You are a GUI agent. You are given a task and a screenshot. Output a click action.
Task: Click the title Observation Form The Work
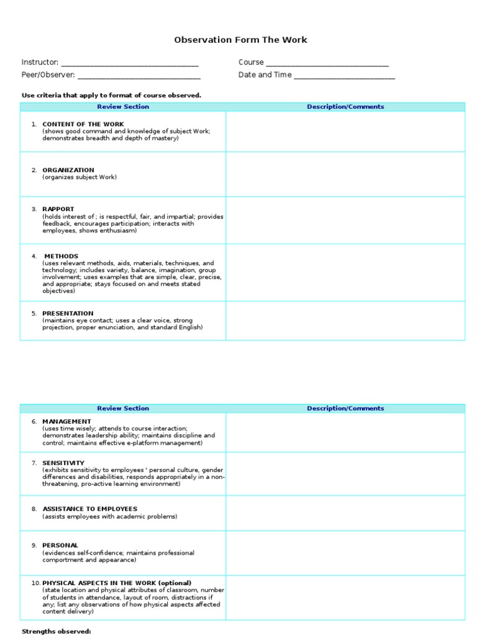click(240, 40)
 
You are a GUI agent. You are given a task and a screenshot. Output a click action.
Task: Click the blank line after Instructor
click(130, 63)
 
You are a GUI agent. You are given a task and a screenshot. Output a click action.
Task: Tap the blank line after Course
click(327, 63)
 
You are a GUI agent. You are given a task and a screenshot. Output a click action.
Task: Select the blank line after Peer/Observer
click(139, 75)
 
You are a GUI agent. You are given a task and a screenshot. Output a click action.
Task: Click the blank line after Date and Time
click(344, 75)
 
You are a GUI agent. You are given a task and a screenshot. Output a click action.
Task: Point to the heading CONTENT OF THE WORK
click(83, 124)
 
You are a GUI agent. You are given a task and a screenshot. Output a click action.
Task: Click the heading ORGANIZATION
click(68, 170)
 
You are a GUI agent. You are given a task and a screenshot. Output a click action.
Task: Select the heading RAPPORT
click(58, 209)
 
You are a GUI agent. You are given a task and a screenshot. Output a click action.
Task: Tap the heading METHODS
click(61, 257)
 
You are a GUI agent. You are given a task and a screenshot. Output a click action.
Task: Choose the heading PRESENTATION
click(68, 314)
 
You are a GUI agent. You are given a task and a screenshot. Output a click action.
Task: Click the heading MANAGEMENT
click(66, 422)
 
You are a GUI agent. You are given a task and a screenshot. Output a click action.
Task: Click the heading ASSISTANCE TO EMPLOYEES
click(90, 509)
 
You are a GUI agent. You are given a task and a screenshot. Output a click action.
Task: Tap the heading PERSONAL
click(60, 545)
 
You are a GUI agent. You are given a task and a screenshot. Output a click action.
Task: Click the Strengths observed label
click(57, 632)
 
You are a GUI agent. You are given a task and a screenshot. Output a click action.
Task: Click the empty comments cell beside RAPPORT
click(345, 220)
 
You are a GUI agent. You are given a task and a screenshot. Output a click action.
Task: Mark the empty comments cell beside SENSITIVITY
click(345, 474)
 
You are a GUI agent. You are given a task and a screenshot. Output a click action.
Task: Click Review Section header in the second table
click(123, 409)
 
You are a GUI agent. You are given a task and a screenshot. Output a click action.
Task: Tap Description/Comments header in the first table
click(345, 107)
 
